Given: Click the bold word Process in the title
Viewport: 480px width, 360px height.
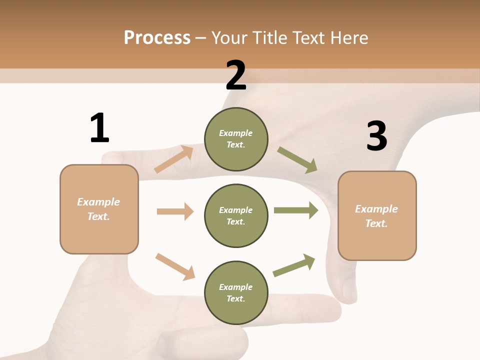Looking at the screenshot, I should (157, 37).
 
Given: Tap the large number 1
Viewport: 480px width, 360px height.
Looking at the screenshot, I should (99, 128).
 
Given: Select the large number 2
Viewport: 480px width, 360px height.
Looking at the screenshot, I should (236, 75).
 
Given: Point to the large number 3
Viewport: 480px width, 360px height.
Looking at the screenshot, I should (376, 136).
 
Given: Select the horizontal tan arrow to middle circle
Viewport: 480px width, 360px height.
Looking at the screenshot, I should (175, 211).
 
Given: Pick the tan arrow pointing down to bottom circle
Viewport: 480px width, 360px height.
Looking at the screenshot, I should (175, 266).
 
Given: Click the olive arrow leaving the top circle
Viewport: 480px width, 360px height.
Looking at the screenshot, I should (297, 160).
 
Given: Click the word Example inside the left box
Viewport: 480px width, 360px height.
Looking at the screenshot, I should (98, 202).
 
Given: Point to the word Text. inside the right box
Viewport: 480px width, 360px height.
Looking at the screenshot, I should (376, 223).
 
